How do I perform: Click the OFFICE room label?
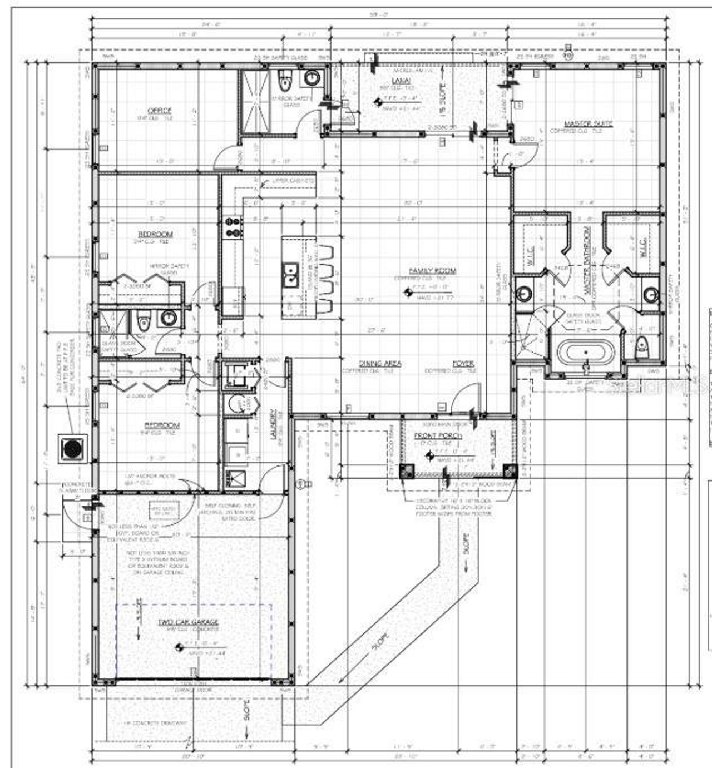[x=159, y=111]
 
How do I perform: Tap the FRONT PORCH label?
[x=438, y=435]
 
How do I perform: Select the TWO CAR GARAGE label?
[x=181, y=622]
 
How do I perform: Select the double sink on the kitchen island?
[x=290, y=274]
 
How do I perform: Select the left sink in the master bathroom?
[x=524, y=294]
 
